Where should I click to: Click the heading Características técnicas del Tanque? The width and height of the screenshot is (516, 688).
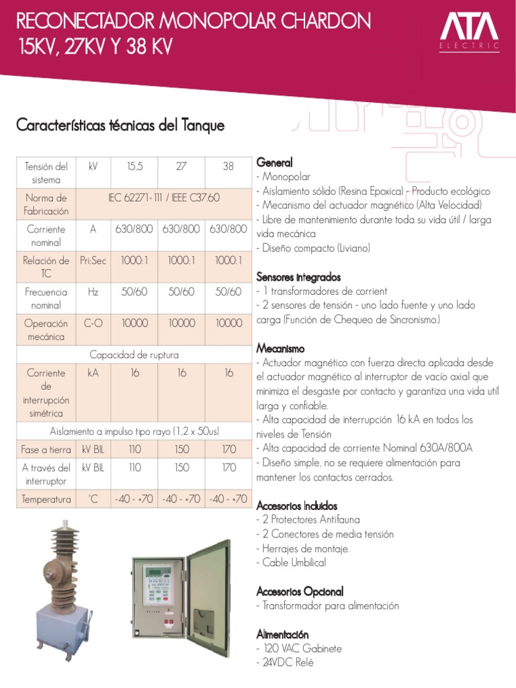tap(120, 126)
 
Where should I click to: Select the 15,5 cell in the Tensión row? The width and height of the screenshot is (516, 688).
tap(134, 165)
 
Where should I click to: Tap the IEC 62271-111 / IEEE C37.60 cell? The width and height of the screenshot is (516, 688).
tap(164, 198)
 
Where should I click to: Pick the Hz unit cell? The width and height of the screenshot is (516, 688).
tap(93, 292)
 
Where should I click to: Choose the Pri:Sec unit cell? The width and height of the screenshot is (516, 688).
tap(93, 261)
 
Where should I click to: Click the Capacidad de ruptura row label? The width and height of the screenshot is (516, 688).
tap(134, 355)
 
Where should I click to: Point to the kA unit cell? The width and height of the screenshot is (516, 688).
tap(93, 373)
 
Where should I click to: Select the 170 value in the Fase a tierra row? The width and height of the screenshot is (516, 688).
tap(228, 449)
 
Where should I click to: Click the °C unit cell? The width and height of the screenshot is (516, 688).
tap(93, 499)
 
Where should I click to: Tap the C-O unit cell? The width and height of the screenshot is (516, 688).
tap(93, 323)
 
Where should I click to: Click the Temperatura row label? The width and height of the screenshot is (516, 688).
tap(46, 499)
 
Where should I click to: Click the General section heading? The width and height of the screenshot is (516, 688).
tap(274, 163)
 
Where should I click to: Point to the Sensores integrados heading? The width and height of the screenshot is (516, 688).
tap(298, 277)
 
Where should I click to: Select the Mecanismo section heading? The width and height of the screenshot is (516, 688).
tap(280, 349)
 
